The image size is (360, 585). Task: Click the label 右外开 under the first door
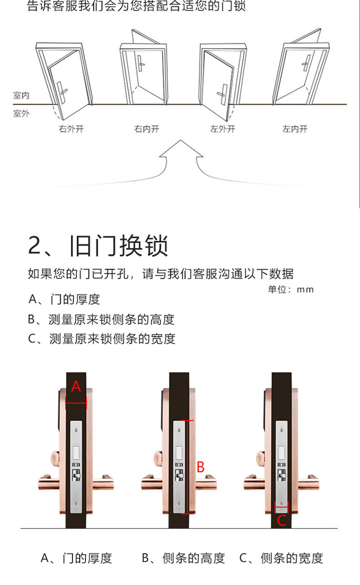tap(71, 129)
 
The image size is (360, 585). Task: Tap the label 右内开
tap(147, 129)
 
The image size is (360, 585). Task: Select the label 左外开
tap(222, 129)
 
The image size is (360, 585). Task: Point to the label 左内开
tap(295, 129)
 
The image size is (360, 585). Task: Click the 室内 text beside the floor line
tap(21, 96)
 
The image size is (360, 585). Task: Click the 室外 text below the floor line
tap(21, 113)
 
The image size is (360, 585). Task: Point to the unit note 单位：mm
tap(291, 289)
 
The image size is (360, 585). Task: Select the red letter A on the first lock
tap(76, 387)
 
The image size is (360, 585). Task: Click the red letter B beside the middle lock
tap(201, 467)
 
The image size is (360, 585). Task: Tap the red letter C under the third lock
tap(282, 520)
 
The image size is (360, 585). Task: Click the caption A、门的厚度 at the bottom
tap(76, 558)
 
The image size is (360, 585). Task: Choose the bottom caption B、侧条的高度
tap(183, 558)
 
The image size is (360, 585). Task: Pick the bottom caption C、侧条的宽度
tap(281, 558)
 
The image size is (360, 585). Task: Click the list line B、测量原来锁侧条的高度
tap(101, 319)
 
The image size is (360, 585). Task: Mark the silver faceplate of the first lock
tap(77, 465)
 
